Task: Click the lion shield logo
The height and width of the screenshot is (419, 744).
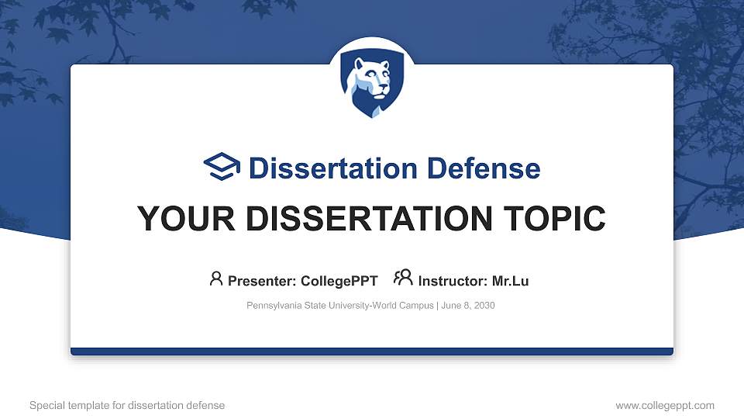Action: pos(372,85)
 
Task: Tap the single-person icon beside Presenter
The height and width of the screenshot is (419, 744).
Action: pos(216,279)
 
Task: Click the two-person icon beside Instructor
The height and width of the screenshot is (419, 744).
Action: pos(403,279)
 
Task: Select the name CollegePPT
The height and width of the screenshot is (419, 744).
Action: pos(340,281)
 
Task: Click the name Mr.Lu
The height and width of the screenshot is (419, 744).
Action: pos(510,281)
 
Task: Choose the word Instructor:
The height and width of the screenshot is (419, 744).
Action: pos(453,281)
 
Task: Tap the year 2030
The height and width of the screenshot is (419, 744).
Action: pos(484,306)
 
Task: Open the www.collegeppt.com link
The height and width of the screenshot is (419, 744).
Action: pos(665,405)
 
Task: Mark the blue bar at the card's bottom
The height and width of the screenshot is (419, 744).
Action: pos(372,351)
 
